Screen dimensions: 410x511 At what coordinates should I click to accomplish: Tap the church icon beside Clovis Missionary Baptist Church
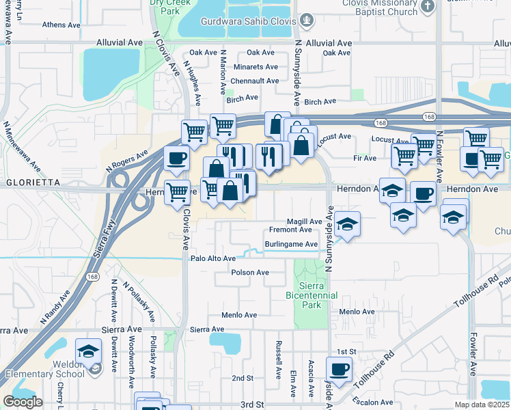pos(428,7)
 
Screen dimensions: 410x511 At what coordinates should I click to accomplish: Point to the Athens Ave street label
pos(61,25)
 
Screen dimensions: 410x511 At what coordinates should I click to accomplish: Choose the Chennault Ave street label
pos(254,81)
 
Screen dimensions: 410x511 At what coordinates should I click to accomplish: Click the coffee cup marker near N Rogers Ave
pos(177,159)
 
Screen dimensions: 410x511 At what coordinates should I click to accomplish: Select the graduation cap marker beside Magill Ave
pos(347,225)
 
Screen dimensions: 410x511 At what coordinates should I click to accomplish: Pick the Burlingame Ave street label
pos(291,244)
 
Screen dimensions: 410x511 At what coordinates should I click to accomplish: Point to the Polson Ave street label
pos(250,273)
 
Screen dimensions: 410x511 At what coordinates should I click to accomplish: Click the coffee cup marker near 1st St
pos(339,370)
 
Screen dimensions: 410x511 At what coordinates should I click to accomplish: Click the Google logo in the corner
pos(23,402)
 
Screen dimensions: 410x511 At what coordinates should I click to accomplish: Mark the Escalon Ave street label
pos(373,402)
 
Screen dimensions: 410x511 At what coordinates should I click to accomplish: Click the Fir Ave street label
pos(364,158)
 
